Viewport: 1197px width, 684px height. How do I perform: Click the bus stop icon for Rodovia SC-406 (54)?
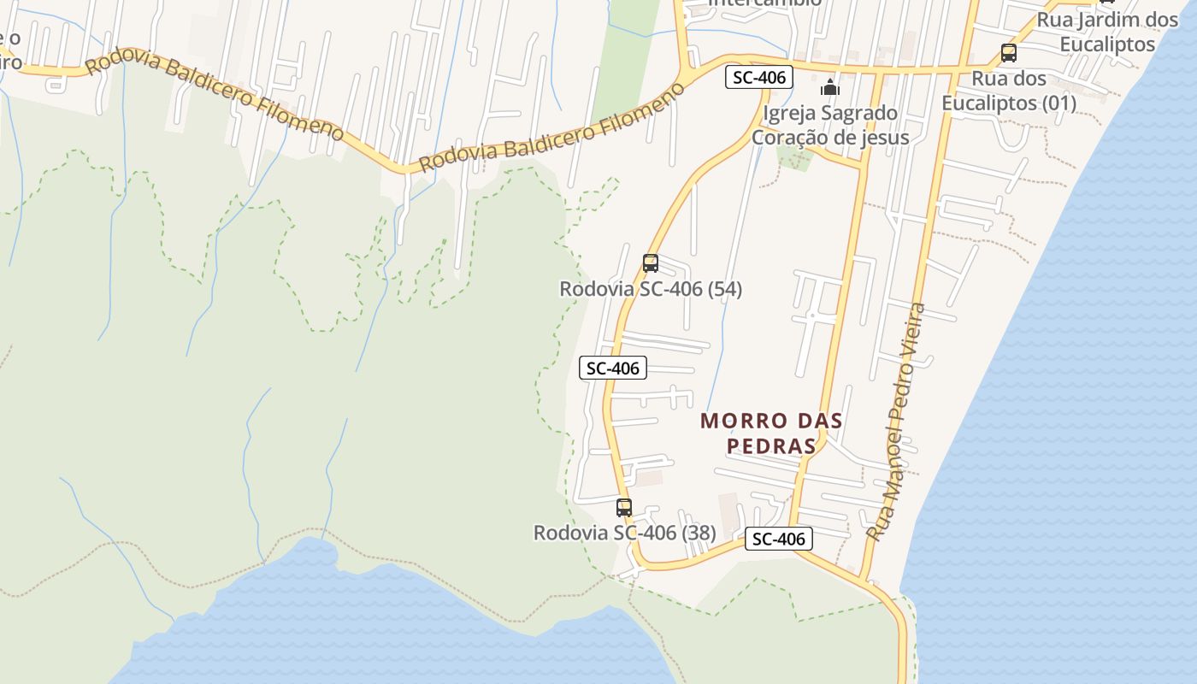(651, 263)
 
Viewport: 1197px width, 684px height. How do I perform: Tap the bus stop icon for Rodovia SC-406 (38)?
(624, 507)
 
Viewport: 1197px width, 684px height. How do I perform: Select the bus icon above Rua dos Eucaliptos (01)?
(1009, 53)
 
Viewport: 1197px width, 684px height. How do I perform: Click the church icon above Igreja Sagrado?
(829, 87)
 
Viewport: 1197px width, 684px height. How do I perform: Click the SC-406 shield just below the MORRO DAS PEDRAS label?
(778, 539)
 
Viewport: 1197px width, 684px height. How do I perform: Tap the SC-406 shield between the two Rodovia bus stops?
(613, 369)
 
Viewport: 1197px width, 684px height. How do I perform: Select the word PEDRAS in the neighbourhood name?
(771, 446)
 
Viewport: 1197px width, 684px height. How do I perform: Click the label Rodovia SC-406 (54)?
(651, 289)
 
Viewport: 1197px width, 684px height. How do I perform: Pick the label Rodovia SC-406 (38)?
(624, 533)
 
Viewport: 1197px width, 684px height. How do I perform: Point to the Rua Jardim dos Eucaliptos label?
(1107, 32)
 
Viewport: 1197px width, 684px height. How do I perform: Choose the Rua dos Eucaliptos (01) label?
(1009, 91)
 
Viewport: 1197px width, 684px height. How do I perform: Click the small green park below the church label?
(794, 158)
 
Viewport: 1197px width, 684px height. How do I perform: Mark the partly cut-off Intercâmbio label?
(765, 3)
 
